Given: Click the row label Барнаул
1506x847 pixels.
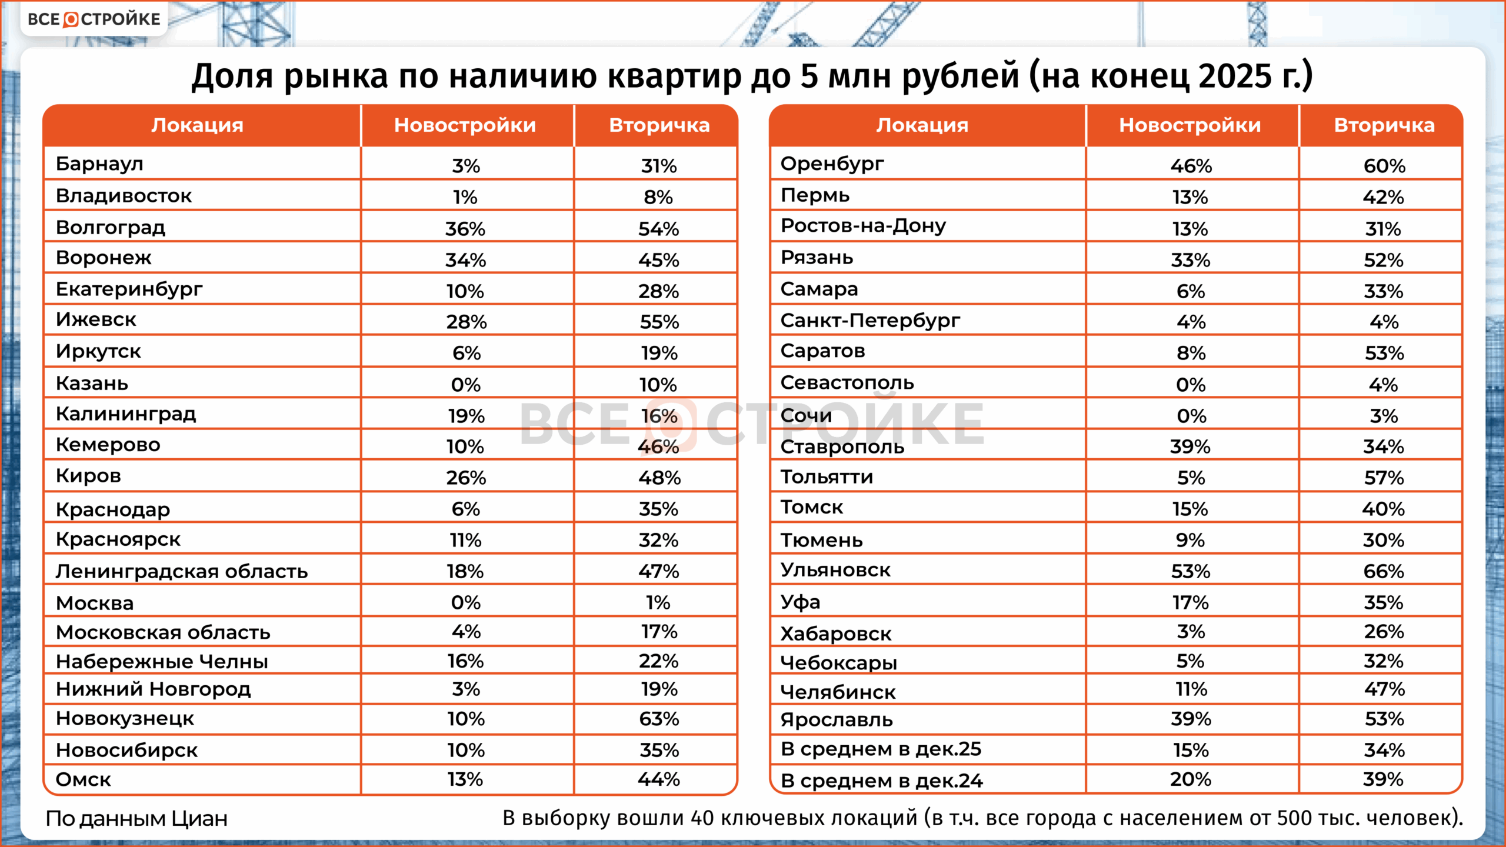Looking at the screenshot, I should [x=99, y=164].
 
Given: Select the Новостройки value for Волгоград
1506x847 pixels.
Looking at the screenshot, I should [x=465, y=229].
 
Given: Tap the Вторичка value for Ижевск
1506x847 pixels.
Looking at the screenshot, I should [x=659, y=322].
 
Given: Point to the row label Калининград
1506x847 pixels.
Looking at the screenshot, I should [x=126, y=414].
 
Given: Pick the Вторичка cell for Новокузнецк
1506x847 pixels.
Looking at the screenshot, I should [x=659, y=719].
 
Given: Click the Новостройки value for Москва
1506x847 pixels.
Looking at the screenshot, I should [x=465, y=602].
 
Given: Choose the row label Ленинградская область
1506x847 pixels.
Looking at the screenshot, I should [x=182, y=571].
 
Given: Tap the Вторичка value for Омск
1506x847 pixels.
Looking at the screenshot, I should [x=659, y=779].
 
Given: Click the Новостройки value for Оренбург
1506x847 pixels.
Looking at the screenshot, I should [x=1191, y=166].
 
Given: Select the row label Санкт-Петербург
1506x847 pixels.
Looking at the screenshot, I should [x=870, y=321].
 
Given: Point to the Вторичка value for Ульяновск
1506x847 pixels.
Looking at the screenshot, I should [x=1384, y=571].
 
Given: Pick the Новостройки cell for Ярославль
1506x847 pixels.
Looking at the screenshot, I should [x=1191, y=719].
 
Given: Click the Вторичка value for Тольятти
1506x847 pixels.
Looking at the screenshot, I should [x=1384, y=478].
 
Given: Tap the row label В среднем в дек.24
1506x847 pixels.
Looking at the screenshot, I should [x=881, y=781].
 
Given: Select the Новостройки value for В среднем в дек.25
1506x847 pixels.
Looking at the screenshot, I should [x=1191, y=750].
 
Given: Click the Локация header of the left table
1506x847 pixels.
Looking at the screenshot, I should [x=197, y=125].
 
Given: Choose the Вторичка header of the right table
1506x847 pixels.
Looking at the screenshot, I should [x=1384, y=125].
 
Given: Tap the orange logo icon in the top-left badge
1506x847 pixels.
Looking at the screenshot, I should [x=71, y=19].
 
